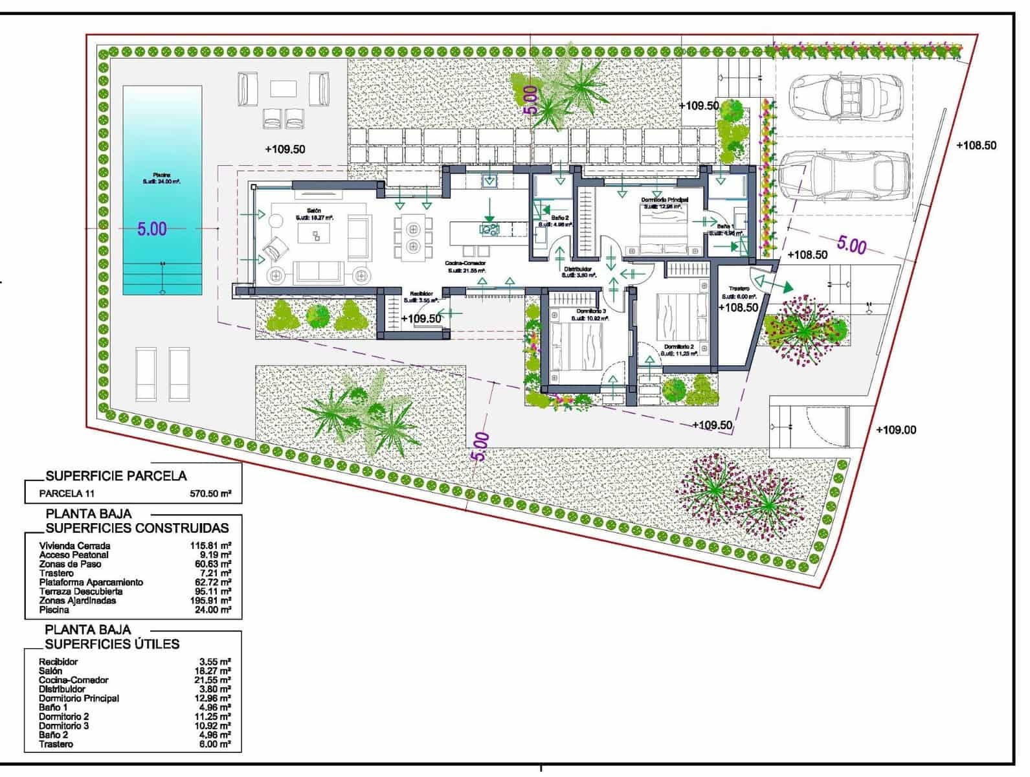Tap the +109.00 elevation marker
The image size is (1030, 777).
(896, 430)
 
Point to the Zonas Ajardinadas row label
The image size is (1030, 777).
(77, 600)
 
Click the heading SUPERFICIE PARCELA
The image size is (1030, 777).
(116, 476)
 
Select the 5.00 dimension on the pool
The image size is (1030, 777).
(151, 229)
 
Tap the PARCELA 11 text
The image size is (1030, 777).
(67, 493)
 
